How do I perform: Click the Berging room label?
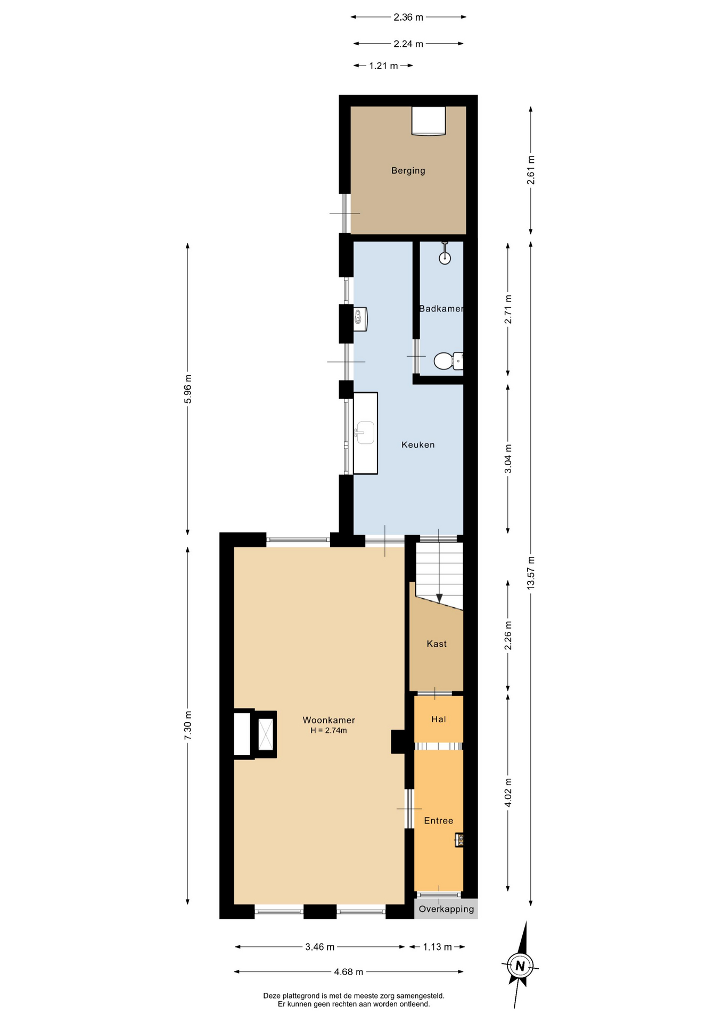point(408,171)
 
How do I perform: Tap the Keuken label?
point(418,444)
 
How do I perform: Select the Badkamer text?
point(441,309)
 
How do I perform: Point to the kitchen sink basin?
point(365,432)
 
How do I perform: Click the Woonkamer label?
point(328,720)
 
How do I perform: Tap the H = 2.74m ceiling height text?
point(328,731)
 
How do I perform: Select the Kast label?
point(437,644)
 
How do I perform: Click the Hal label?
point(438,720)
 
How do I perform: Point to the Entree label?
point(438,821)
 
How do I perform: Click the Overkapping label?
point(446,909)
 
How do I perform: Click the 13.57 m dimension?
point(530,573)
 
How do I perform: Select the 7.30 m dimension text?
point(187,726)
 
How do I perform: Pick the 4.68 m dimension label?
point(349,972)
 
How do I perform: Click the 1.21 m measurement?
point(383,66)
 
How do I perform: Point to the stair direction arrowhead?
point(439,598)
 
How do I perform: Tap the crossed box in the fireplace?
point(265,735)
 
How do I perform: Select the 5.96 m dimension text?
point(187,389)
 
